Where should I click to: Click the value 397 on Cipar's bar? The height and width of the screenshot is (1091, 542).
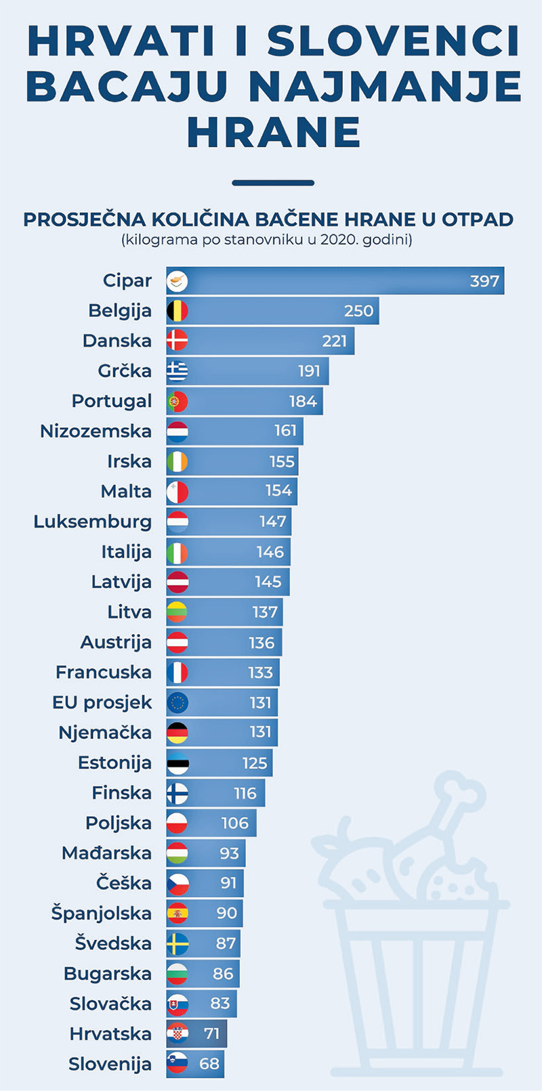tap(484, 281)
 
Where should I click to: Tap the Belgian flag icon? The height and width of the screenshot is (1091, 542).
tap(178, 311)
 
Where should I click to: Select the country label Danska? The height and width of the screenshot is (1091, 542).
tap(117, 341)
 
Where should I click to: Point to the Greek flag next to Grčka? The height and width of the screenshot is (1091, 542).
tap(178, 371)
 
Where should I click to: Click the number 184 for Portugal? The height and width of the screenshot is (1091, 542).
tap(303, 402)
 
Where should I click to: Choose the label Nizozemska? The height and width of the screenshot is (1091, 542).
tap(96, 431)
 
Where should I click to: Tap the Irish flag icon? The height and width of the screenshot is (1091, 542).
tap(178, 462)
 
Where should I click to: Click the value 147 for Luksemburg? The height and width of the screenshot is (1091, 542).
tap(273, 521)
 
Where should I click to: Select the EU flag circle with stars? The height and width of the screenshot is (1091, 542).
tap(178, 703)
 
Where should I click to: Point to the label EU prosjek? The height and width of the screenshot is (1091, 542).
tap(102, 703)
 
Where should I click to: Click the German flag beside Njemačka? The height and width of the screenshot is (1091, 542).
tap(178, 733)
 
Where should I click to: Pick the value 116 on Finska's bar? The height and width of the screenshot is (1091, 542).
tap(245, 793)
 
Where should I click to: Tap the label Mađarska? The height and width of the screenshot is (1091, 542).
tap(106, 853)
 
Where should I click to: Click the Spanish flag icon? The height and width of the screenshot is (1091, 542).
tap(178, 914)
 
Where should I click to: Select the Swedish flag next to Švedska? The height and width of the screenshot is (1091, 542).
tap(178, 943)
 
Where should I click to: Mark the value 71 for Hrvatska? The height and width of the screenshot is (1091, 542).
tap(212, 1033)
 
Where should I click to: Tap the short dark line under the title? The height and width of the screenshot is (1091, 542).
tap(273, 183)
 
